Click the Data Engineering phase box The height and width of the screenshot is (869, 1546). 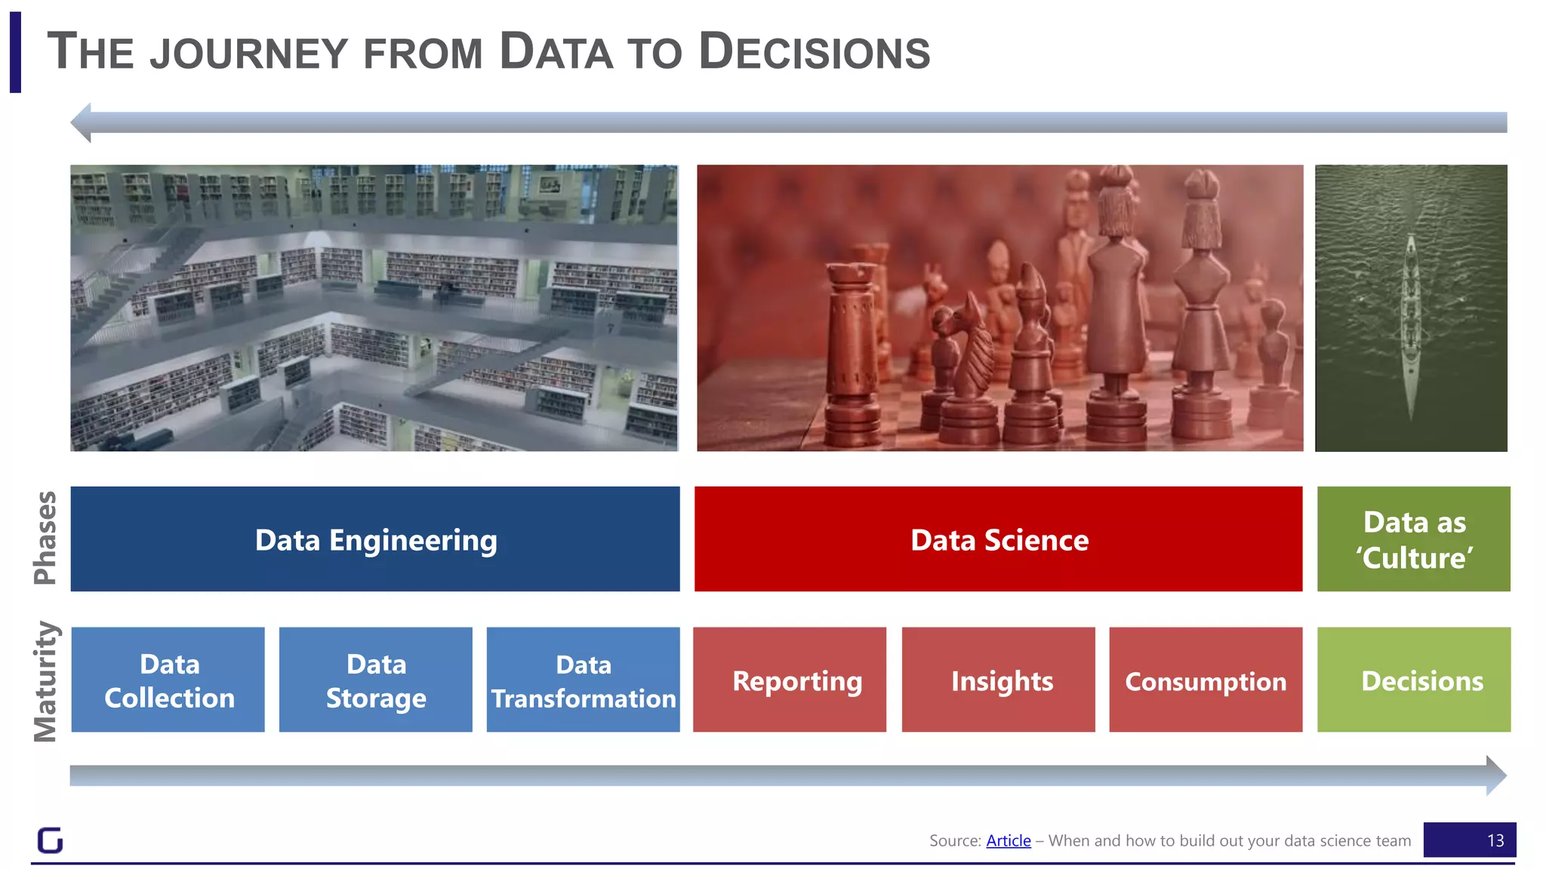pyautogui.click(x=375, y=539)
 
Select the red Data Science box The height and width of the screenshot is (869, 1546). pyautogui.click(x=998, y=539)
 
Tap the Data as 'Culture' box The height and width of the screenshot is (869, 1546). pyautogui.click(x=1413, y=539)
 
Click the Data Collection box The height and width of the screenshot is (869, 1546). pyautogui.click(x=168, y=679)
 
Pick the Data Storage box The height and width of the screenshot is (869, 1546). pyautogui.click(x=376, y=679)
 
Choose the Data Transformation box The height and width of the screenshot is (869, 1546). pyautogui.click(x=583, y=679)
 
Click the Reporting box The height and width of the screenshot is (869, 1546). pyautogui.click(x=790, y=679)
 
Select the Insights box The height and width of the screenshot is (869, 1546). pyautogui.click(x=998, y=679)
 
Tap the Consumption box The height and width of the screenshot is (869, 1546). pyautogui.click(x=1206, y=679)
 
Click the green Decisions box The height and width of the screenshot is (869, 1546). pyautogui.click(x=1413, y=679)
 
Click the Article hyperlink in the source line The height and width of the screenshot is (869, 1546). pyautogui.click(x=1008, y=840)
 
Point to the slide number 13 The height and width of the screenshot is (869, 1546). pyautogui.click(x=1495, y=840)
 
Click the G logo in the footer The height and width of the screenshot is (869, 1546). pyautogui.click(x=50, y=840)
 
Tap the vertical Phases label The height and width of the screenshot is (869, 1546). pyautogui.click(x=45, y=538)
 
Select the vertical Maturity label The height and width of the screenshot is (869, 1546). pyautogui.click(x=45, y=681)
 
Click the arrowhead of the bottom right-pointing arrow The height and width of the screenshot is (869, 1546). pyautogui.click(x=1495, y=775)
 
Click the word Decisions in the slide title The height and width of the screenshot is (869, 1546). pyautogui.click(x=815, y=52)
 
